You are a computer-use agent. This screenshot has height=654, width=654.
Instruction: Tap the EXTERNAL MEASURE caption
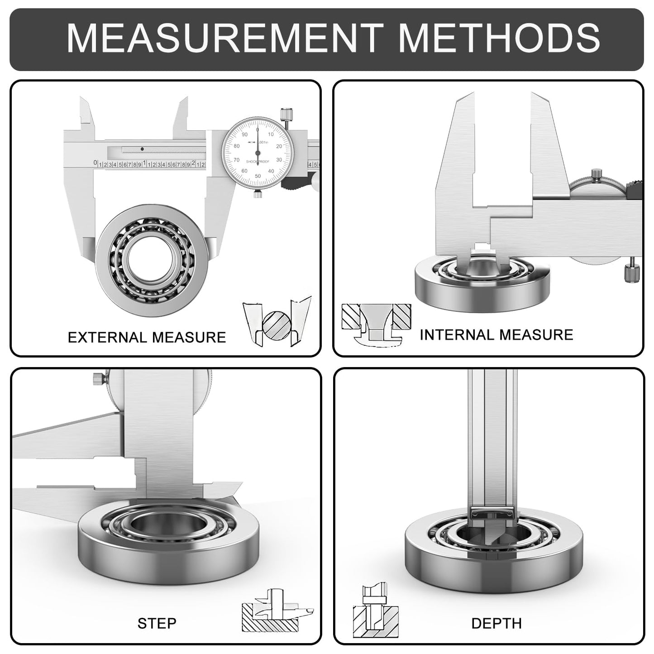[x=147, y=337]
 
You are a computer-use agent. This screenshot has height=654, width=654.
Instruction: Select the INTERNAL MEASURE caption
[x=496, y=334]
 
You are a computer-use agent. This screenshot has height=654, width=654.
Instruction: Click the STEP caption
[x=157, y=623]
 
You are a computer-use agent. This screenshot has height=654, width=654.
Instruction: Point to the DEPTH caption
[x=496, y=623]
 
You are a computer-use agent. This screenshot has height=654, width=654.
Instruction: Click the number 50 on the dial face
[x=258, y=176]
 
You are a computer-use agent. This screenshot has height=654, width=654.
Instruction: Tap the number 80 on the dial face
[x=236, y=146]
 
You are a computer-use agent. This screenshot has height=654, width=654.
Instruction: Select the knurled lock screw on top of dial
[x=286, y=114]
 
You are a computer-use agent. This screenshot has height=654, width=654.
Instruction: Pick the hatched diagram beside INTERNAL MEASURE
[x=376, y=324]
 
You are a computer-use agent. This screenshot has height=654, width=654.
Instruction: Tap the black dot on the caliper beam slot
[x=142, y=149]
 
